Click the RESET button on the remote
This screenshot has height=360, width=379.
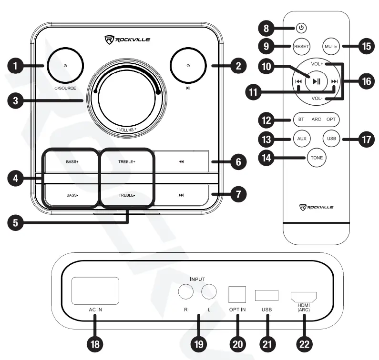[301, 47]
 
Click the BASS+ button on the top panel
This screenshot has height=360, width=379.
[72, 162]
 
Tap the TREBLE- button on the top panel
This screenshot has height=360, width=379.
[127, 195]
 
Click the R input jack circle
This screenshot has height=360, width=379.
[185, 292]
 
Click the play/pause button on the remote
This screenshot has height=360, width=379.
[315, 81]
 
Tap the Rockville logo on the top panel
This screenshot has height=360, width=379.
[127, 39]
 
